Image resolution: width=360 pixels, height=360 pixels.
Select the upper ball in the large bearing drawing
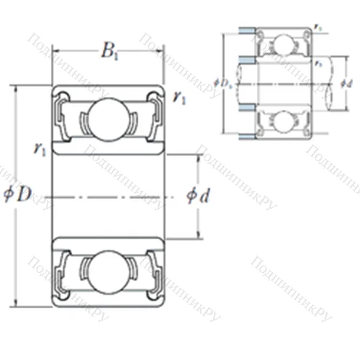click(x=107, y=115)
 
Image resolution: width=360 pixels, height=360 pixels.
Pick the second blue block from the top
click(x=246, y=58)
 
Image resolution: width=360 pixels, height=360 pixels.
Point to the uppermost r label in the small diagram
click(x=318, y=27)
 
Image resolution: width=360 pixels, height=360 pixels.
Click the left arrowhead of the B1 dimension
click(x=53, y=52)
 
